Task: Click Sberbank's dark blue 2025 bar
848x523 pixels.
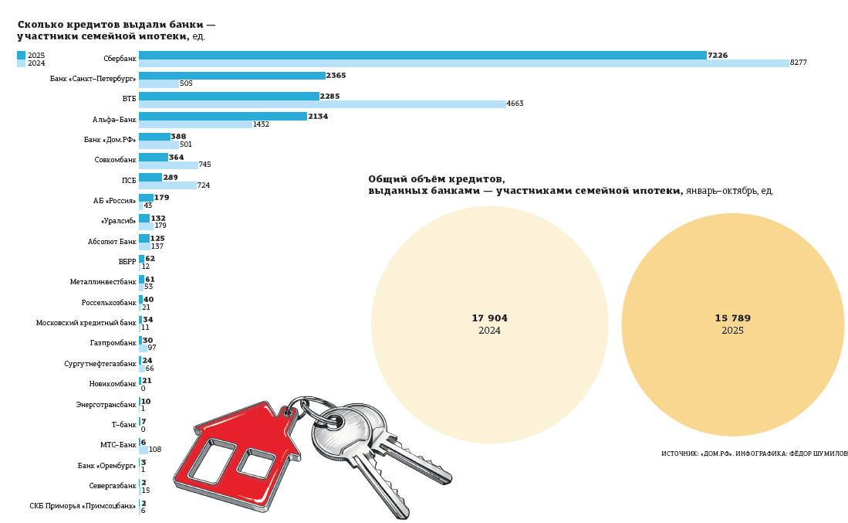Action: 422,56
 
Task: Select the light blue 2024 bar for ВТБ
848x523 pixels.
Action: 322,104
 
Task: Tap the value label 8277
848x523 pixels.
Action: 798,63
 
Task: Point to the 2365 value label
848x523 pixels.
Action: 336,76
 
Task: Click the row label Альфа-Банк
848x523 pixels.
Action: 114,120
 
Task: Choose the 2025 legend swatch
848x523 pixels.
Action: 21,56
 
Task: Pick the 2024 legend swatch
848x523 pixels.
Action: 21,63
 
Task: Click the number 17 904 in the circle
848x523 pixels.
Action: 489,318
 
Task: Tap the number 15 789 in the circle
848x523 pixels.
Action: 732,318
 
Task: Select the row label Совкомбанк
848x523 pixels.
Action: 115,160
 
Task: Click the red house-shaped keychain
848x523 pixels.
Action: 231,456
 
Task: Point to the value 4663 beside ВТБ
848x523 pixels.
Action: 515,104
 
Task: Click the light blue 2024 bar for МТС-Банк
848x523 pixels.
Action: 144,450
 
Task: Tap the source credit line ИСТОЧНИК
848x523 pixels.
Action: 754,453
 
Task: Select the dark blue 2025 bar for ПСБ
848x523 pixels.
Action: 150,178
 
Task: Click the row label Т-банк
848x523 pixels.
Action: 123,425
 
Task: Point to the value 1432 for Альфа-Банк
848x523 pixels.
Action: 261,124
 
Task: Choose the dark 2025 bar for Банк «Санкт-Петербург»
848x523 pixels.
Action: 231,76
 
